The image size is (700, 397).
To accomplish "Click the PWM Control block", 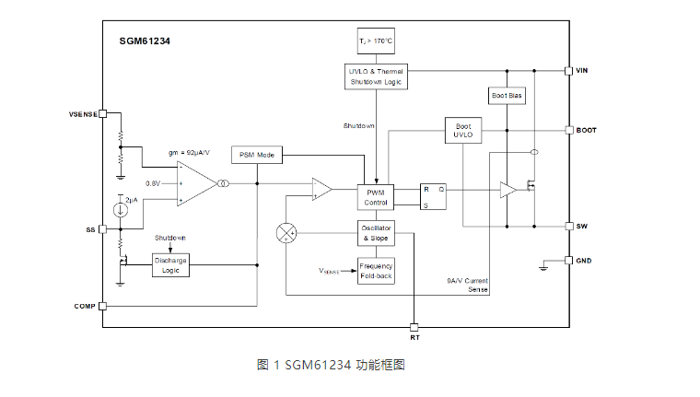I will [x=375, y=197].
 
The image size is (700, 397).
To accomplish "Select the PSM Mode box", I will [x=257, y=155].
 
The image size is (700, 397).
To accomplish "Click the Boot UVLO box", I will [x=462, y=130].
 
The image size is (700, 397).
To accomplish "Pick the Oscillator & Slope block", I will [x=375, y=233].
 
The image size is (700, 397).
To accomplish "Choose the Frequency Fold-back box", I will [x=375, y=271].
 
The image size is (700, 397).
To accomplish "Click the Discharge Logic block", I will [x=170, y=265].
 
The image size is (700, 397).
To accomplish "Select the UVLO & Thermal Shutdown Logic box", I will [x=376, y=76].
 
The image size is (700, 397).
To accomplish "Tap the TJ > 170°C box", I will [x=376, y=41].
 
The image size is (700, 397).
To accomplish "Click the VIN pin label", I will [x=583, y=70].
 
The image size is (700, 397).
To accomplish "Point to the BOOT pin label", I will [x=586, y=130].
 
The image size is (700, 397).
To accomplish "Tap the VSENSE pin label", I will [x=83, y=114].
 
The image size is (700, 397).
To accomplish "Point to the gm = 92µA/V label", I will [x=187, y=152].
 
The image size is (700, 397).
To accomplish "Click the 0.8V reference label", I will [x=153, y=183].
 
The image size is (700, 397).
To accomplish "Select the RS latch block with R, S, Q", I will [x=433, y=196].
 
